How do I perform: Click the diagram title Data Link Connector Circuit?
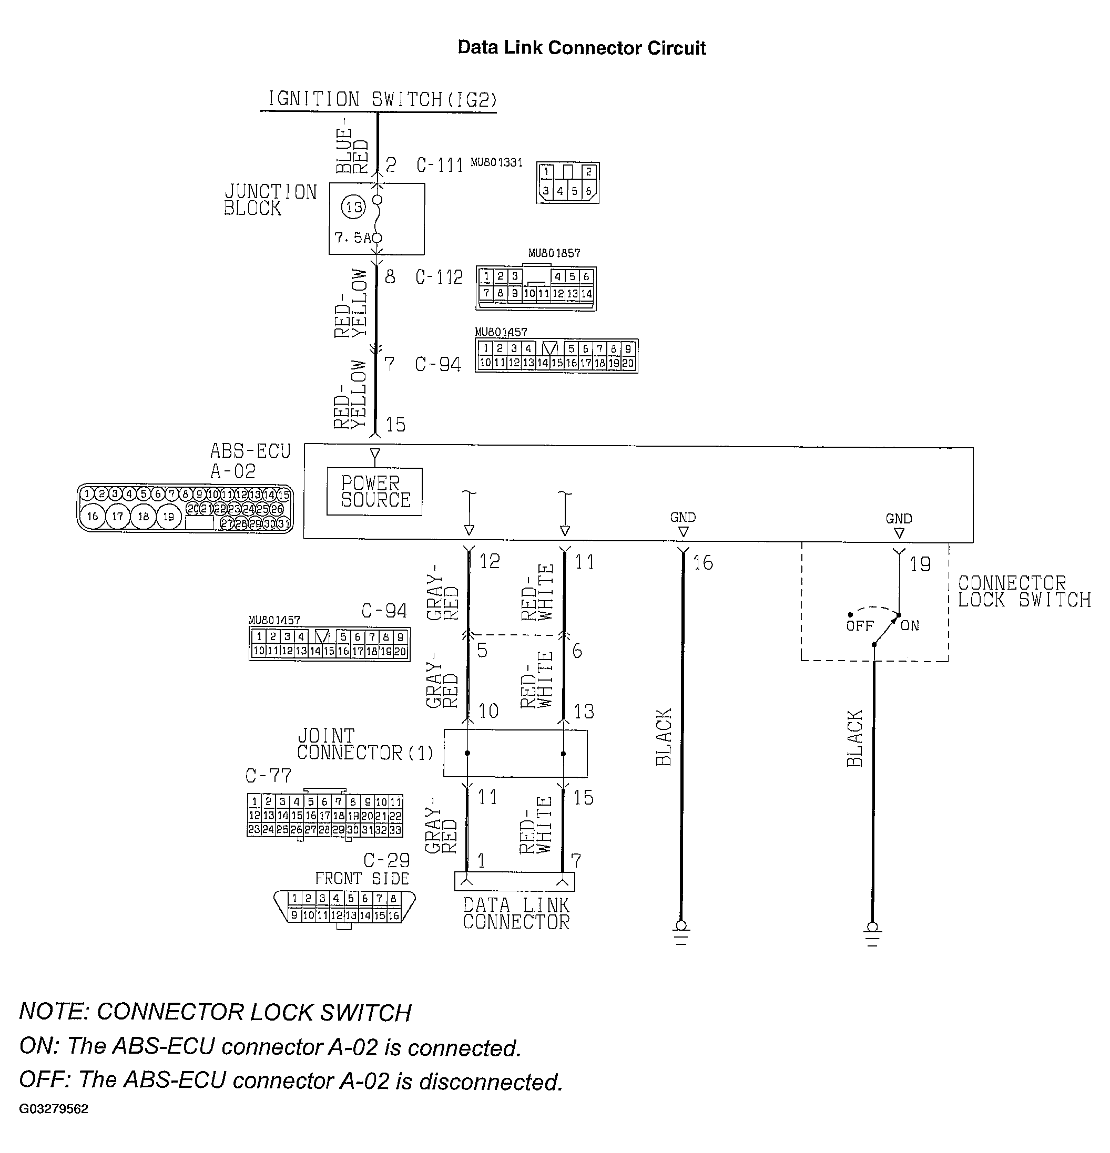(582, 48)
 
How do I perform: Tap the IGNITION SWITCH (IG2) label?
(381, 99)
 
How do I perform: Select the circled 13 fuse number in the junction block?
(354, 207)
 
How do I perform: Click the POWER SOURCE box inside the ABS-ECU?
(374, 492)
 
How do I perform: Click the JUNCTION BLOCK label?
(270, 200)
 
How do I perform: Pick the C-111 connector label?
(440, 164)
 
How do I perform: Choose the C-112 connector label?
(439, 277)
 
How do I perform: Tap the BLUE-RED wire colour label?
(352, 150)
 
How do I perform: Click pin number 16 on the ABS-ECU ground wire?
(702, 563)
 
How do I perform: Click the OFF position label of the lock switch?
(859, 626)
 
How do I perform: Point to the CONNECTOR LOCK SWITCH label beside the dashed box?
(1024, 591)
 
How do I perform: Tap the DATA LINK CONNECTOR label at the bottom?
(516, 913)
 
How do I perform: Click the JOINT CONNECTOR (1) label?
(365, 744)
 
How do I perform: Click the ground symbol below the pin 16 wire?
(681, 932)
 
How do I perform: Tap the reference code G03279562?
(54, 1109)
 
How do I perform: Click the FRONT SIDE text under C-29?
(362, 879)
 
